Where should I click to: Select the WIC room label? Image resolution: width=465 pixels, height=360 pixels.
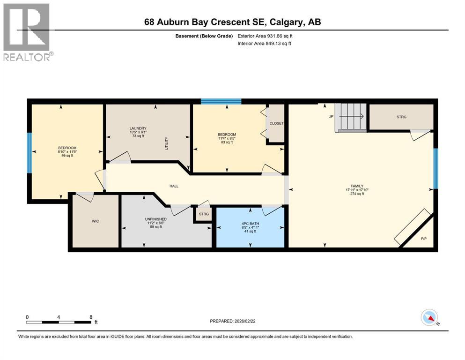pyautogui.click(x=96, y=221)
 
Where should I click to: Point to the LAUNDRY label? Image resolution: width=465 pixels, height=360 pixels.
pyautogui.click(x=138, y=128)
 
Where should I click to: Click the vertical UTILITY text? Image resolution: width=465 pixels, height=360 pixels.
pyautogui.click(x=166, y=143)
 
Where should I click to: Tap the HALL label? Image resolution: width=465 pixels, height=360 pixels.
pyautogui.click(x=174, y=186)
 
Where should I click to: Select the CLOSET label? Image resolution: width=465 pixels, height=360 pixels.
pyautogui.click(x=277, y=123)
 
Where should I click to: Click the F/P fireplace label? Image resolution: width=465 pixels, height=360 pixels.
pyautogui.click(x=424, y=239)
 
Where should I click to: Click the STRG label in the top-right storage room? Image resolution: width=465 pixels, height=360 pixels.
pyautogui.click(x=401, y=117)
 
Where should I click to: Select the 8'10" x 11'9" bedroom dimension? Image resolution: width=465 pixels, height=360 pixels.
pyautogui.click(x=66, y=151)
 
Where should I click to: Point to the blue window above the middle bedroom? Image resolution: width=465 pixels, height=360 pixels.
pyautogui.click(x=221, y=101)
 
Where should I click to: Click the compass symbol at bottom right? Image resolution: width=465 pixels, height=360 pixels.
pyautogui.click(x=429, y=318)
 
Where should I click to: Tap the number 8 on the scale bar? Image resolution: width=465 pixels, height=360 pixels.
pyautogui.click(x=90, y=317)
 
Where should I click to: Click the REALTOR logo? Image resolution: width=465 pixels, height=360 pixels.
pyautogui.click(x=27, y=32)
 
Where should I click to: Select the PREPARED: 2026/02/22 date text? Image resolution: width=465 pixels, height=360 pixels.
pyautogui.click(x=234, y=321)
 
